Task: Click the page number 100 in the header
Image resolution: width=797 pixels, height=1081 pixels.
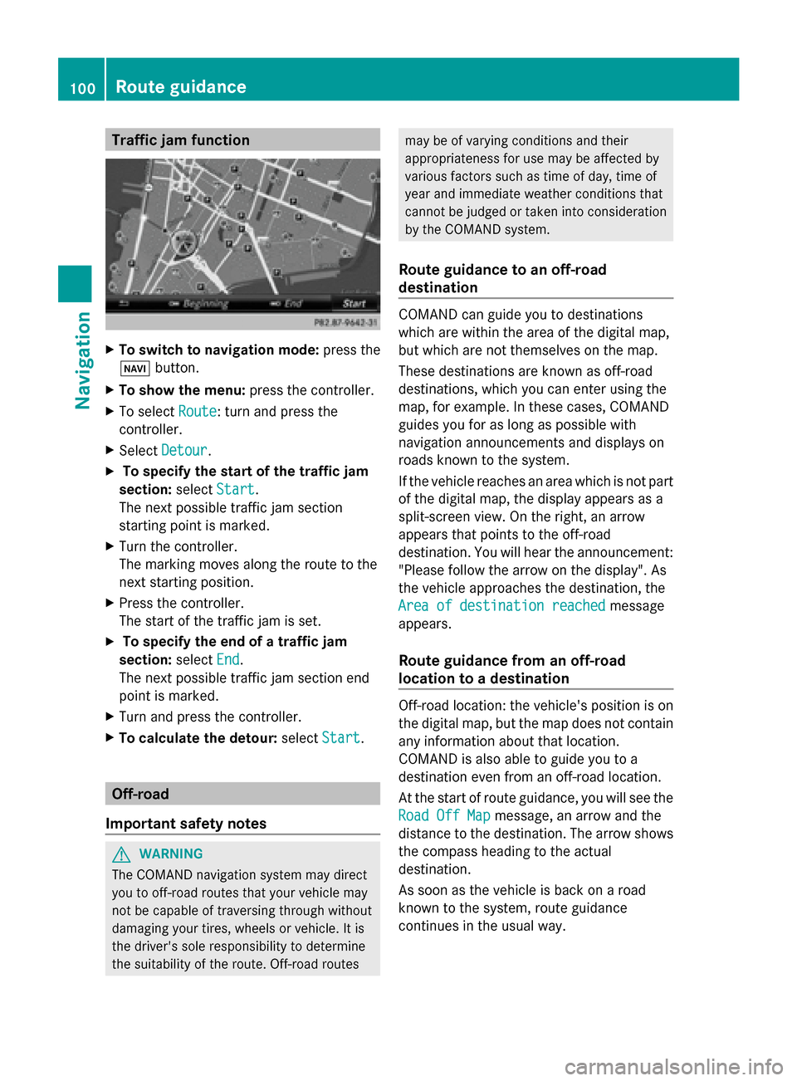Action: coord(82,88)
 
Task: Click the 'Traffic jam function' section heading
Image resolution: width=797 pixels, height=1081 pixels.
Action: coord(180,140)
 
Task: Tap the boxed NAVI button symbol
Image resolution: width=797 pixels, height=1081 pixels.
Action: coord(134,369)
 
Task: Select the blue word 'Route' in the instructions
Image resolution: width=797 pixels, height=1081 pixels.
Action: coord(198,412)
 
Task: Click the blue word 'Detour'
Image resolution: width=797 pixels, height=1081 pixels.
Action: coord(184,450)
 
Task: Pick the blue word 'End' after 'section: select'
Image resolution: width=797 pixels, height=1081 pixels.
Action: coord(227,659)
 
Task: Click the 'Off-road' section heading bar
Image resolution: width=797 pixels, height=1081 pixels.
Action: coord(242,794)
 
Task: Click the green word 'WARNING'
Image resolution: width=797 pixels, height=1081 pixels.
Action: coord(171,854)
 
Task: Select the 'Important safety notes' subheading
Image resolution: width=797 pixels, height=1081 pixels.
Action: coord(186,824)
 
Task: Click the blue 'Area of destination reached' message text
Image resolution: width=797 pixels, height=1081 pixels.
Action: coord(501,606)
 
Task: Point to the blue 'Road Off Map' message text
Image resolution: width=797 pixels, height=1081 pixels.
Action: coord(444,815)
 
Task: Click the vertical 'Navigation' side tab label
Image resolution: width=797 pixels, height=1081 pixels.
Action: coord(82,360)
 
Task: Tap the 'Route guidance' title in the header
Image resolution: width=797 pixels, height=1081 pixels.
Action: coord(181,87)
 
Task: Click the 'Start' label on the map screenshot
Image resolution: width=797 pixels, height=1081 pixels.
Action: coord(354,304)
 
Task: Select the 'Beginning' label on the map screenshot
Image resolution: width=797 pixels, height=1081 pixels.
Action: coord(204,304)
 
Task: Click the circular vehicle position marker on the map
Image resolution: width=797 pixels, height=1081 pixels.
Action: coord(183,243)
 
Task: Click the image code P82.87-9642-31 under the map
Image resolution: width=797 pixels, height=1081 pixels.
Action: coord(345,322)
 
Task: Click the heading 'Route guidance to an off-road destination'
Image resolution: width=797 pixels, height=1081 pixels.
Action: coord(502,278)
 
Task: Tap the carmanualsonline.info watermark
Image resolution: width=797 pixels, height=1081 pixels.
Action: coord(673,1066)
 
